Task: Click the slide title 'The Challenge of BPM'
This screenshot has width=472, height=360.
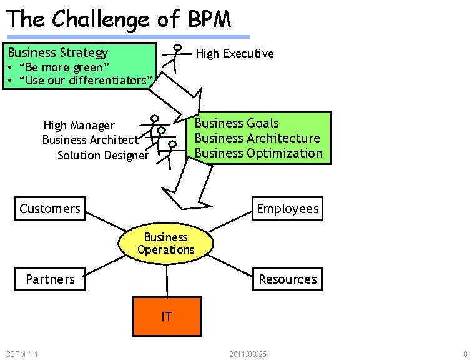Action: [119, 19]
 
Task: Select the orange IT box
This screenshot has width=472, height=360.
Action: [167, 316]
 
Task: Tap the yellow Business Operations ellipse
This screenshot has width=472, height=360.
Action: [166, 244]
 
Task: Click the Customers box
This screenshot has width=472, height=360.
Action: [50, 209]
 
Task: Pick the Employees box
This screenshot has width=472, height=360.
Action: [288, 209]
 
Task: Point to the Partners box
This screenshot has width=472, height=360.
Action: [50, 279]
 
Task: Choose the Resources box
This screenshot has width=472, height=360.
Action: [288, 279]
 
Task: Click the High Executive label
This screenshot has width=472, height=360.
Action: [235, 54]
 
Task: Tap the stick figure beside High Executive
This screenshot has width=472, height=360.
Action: [177, 57]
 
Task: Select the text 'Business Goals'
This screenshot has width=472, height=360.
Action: [237, 123]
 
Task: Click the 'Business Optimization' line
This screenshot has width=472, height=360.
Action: [258, 153]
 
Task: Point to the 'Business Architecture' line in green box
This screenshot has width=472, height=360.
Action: [257, 138]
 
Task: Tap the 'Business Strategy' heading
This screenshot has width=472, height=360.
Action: [58, 52]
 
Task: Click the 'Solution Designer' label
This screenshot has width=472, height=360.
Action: [103, 156]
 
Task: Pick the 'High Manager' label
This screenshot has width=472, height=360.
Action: [79, 126]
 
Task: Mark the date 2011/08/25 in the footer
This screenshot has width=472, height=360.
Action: [248, 354]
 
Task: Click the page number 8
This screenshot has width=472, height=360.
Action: [465, 354]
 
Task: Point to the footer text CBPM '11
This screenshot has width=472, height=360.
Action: [21, 354]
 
